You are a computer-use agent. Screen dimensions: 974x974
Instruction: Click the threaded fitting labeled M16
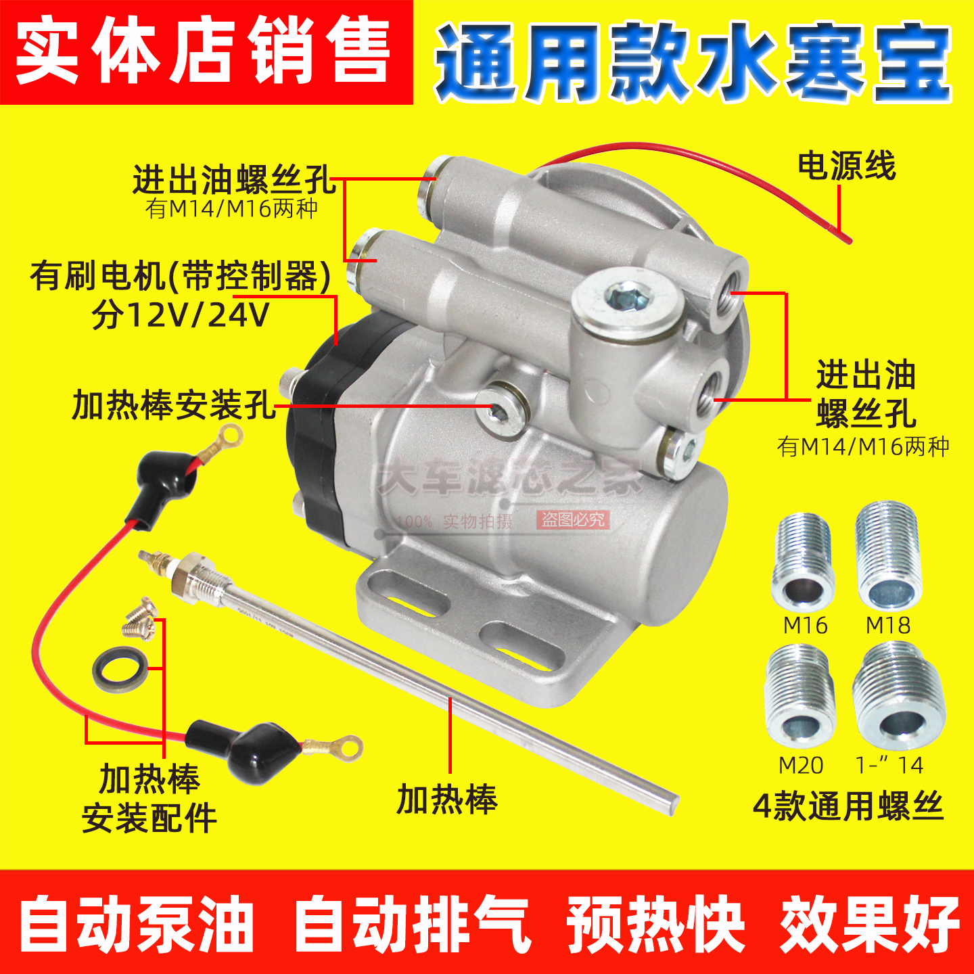(804, 561)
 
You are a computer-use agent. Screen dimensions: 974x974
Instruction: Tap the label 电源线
(846, 166)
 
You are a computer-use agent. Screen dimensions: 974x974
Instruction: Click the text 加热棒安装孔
(174, 405)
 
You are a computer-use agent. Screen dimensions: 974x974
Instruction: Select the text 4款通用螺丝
(848, 806)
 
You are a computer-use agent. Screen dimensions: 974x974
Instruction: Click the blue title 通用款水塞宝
(693, 62)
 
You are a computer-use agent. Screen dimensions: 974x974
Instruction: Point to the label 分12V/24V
(181, 315)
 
